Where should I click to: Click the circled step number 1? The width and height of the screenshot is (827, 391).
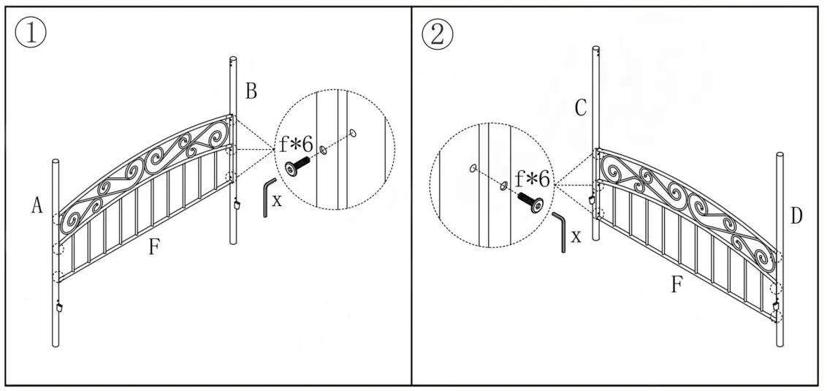30,34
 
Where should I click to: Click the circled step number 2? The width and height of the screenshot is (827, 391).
437,34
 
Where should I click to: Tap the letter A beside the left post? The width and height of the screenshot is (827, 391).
37,207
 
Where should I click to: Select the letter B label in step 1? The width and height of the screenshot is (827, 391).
251,92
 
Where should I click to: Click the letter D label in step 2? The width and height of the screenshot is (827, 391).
796,216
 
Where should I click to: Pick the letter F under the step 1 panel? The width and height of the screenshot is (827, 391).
153,248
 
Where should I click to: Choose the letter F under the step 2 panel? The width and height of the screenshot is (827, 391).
677,284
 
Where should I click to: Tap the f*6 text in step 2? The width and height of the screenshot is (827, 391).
533,178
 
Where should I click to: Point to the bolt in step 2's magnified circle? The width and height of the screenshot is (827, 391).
532,202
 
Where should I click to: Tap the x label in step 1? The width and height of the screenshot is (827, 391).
276,200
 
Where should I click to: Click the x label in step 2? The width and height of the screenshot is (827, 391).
576,235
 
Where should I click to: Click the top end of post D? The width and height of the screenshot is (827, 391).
780,156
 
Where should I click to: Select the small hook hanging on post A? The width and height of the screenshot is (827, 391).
59,306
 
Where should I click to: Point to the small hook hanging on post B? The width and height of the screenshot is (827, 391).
238,205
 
